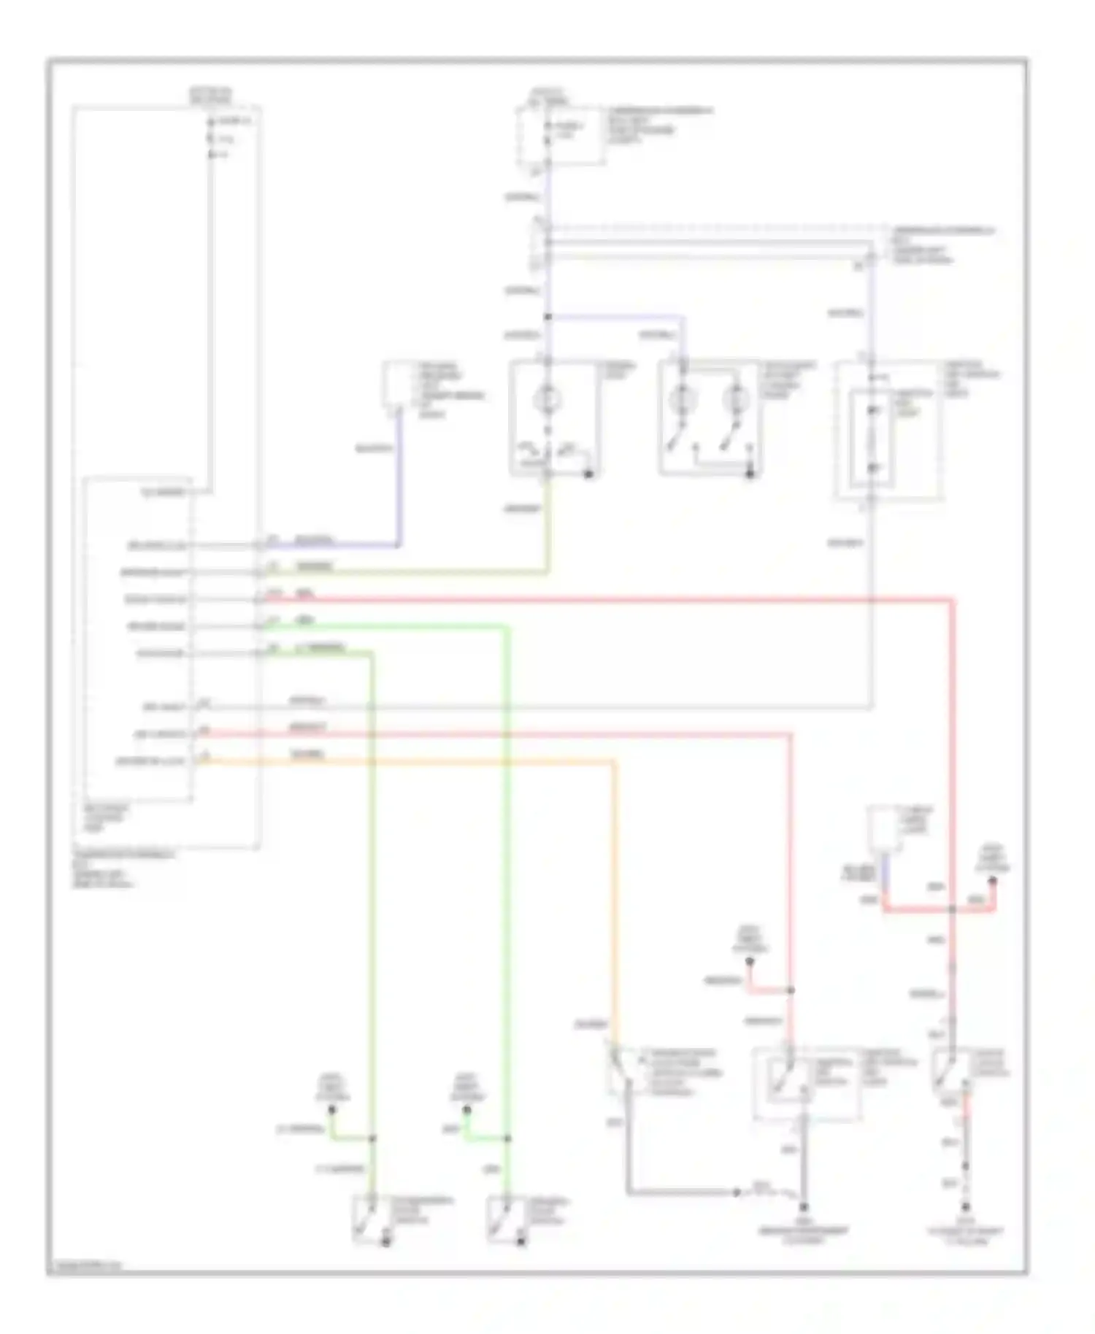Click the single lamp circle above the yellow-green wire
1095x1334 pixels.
[x=547, y=400]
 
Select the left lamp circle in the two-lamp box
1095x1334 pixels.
[x=683, y=400]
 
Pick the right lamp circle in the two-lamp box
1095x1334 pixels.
[x=736, y=400]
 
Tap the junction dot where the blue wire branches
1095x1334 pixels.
[x=547, y=317]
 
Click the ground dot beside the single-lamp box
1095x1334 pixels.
[x=588, y=475]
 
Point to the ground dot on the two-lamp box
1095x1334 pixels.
[x=750, y=475]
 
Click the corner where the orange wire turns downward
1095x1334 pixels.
[x=614, y=763]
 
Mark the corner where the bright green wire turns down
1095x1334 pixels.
[x=508, y=626]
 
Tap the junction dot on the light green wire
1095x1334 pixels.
[x=372, y=1138]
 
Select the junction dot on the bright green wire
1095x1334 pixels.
[x=508, y=1138]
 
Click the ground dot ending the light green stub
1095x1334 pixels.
[x=331, y=1110]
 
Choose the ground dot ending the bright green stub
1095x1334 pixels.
[x=467, y=1110]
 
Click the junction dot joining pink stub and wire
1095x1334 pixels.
[x=791, y=991]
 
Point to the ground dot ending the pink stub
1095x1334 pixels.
[x=750, y=963]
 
